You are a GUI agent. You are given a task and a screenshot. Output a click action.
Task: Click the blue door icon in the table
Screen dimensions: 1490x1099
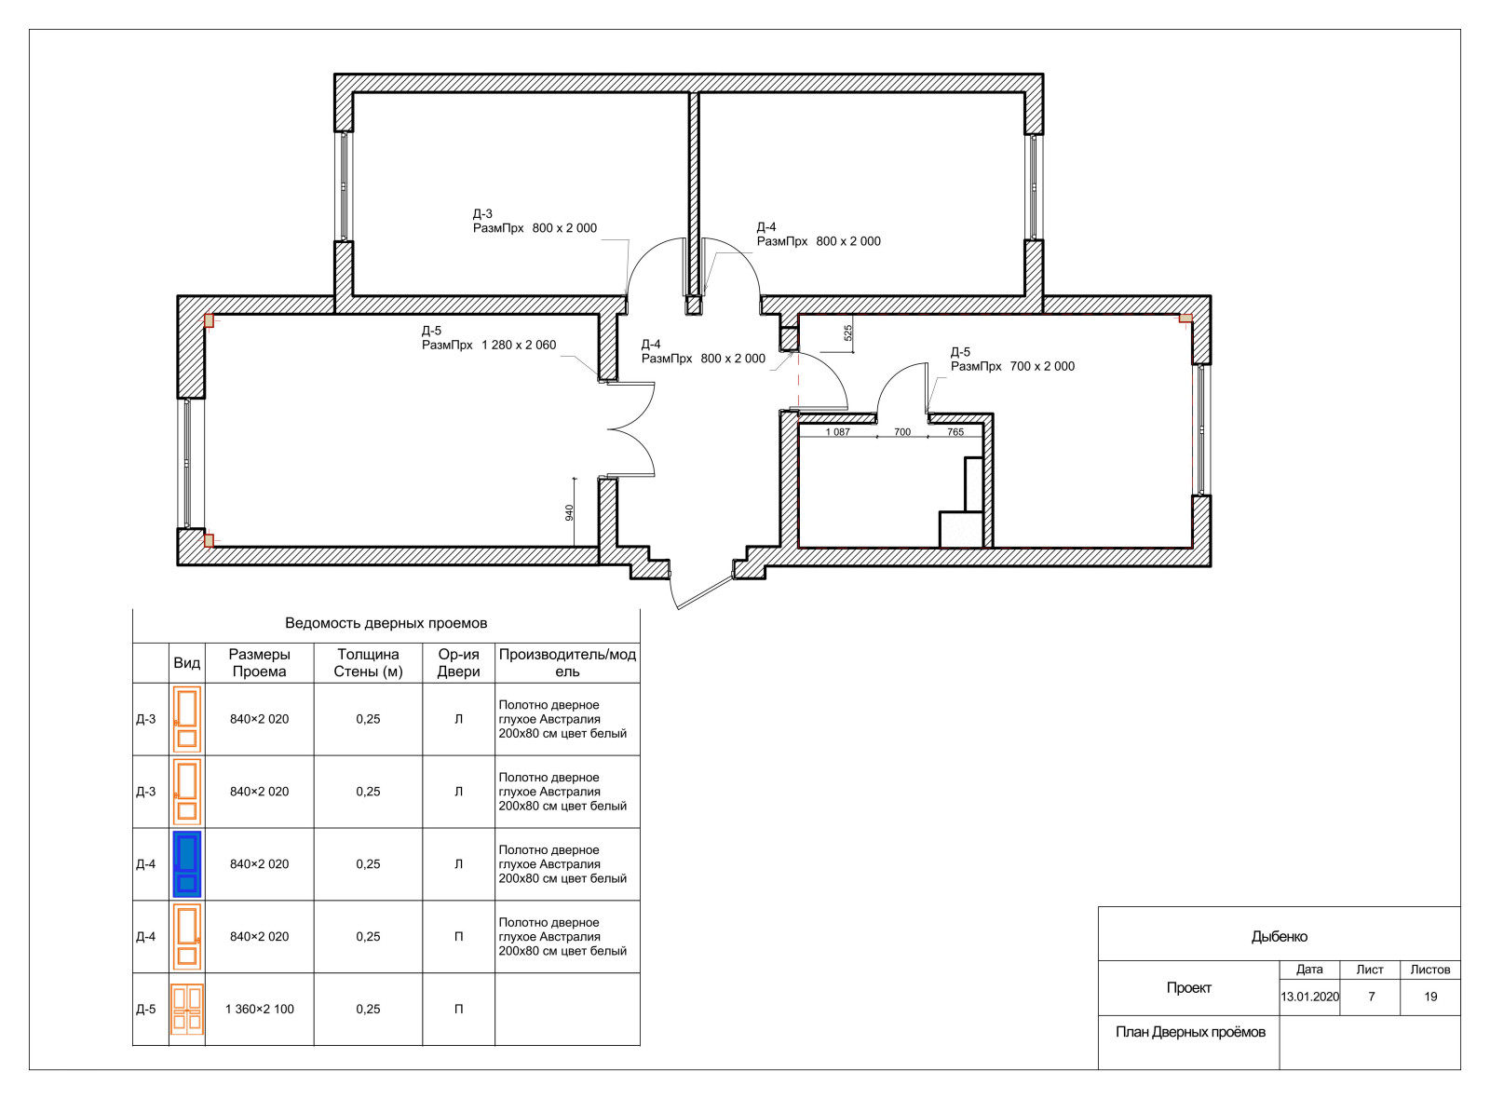point(187,865)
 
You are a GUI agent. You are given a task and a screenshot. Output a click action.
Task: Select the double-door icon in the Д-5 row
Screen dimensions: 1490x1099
point(187,1010)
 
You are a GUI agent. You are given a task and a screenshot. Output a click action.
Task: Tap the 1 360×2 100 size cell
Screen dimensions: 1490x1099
point(260,1010)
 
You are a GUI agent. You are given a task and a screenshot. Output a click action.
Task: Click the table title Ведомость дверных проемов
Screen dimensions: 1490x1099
point(386,623)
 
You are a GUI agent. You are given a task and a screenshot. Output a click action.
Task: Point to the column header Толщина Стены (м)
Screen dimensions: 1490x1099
point(368,662)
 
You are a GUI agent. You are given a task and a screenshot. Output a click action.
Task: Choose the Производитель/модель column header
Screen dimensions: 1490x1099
point(567,662)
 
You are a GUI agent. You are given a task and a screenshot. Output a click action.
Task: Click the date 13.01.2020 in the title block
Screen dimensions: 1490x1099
point(1309,997)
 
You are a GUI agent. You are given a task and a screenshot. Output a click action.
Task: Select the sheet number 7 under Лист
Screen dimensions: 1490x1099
point(1371,997)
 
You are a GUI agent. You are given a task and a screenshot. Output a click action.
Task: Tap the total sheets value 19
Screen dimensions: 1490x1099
point(1430,997)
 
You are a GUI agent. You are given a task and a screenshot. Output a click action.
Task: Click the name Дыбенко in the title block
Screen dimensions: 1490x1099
point(1280,937)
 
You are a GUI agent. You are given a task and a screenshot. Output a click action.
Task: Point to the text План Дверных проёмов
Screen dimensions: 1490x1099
point(1190,1032)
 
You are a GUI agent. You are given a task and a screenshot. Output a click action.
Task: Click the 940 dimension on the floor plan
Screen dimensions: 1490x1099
point(569,513)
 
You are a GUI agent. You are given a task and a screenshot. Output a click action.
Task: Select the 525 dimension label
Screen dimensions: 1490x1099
point(848,333)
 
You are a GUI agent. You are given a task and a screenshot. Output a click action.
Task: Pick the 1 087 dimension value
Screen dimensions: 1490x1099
point(837,432)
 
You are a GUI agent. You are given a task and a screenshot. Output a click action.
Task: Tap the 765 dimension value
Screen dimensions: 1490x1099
point(955,432)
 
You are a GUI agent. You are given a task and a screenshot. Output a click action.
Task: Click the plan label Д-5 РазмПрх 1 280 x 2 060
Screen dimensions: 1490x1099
point(489,338)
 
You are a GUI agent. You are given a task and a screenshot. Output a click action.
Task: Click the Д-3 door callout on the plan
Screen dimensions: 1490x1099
point(535,221)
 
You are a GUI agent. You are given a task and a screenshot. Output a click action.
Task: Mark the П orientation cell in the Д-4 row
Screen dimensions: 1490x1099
point(458,937)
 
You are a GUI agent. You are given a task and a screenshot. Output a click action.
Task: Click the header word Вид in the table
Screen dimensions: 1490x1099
point(187,662)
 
